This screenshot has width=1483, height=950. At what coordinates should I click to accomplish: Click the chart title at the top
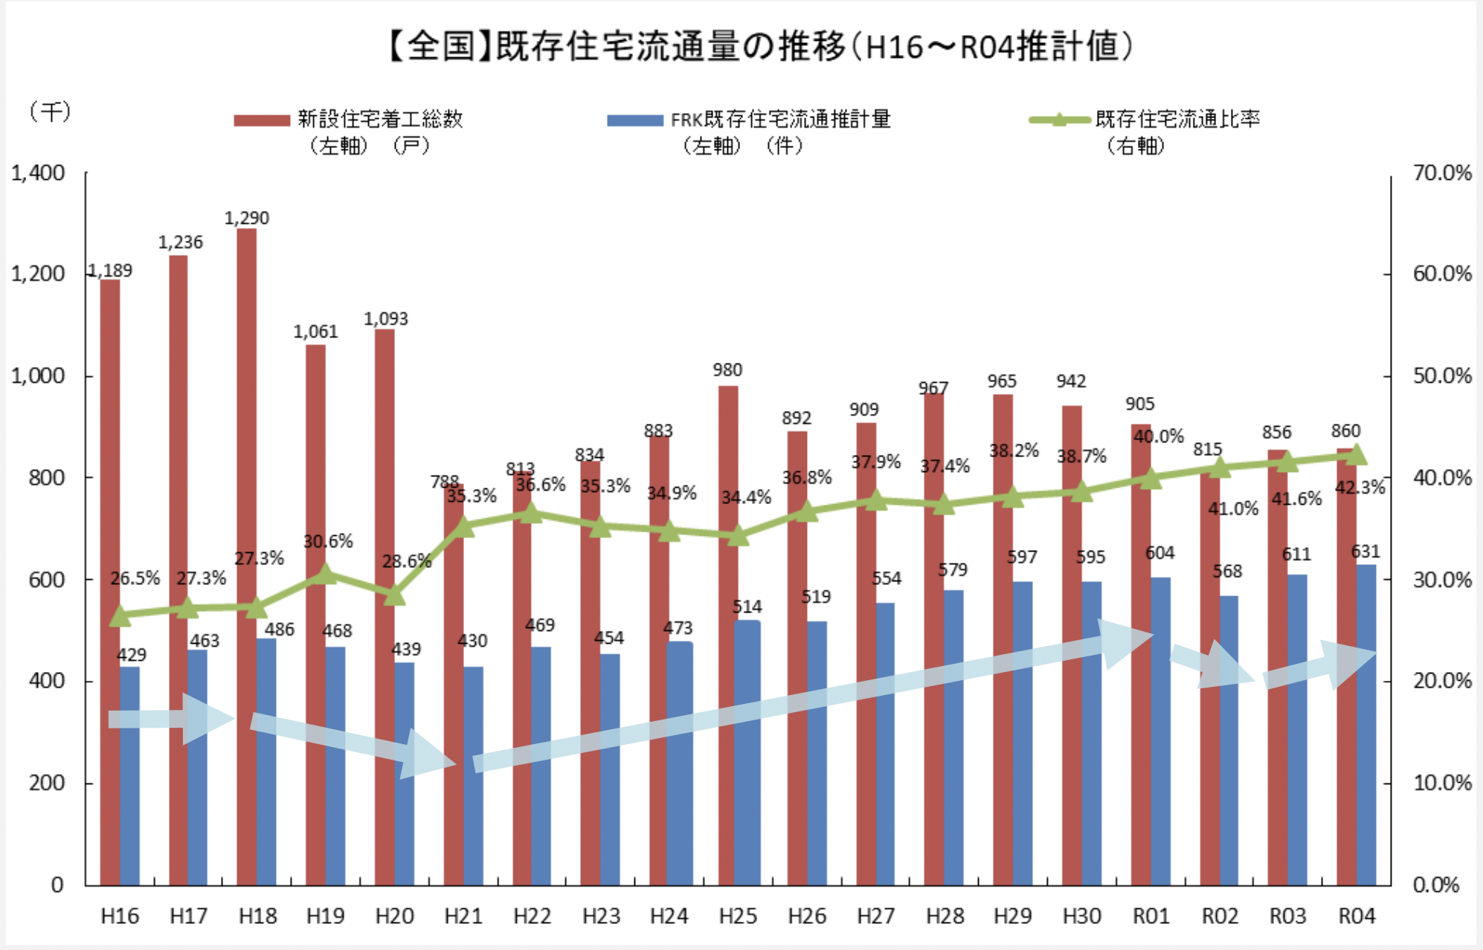point(759,46)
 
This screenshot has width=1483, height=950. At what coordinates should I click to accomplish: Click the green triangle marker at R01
point(1151,478)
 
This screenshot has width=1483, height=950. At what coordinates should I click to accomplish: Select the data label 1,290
point(247,218)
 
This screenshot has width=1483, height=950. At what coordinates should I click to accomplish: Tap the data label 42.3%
point(1360,488)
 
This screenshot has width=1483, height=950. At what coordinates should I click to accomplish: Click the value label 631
point(1365,552)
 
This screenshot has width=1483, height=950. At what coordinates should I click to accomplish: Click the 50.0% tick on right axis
point(1442,376)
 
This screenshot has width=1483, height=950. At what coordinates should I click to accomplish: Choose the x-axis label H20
point(394,917)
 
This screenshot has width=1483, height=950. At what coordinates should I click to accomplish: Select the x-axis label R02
point(1220,917)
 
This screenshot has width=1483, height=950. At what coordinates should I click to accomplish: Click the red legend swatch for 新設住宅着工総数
point(262,120)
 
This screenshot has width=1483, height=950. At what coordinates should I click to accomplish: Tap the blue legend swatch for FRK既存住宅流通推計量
point(634,120)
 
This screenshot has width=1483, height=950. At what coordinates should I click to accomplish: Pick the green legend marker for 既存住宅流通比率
point(1059,120)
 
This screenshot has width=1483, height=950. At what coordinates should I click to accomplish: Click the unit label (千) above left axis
point(50,112)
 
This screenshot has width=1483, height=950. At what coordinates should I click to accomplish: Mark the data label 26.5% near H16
point(135,578)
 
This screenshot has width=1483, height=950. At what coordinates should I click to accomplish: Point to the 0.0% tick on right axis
point(1436,885)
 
